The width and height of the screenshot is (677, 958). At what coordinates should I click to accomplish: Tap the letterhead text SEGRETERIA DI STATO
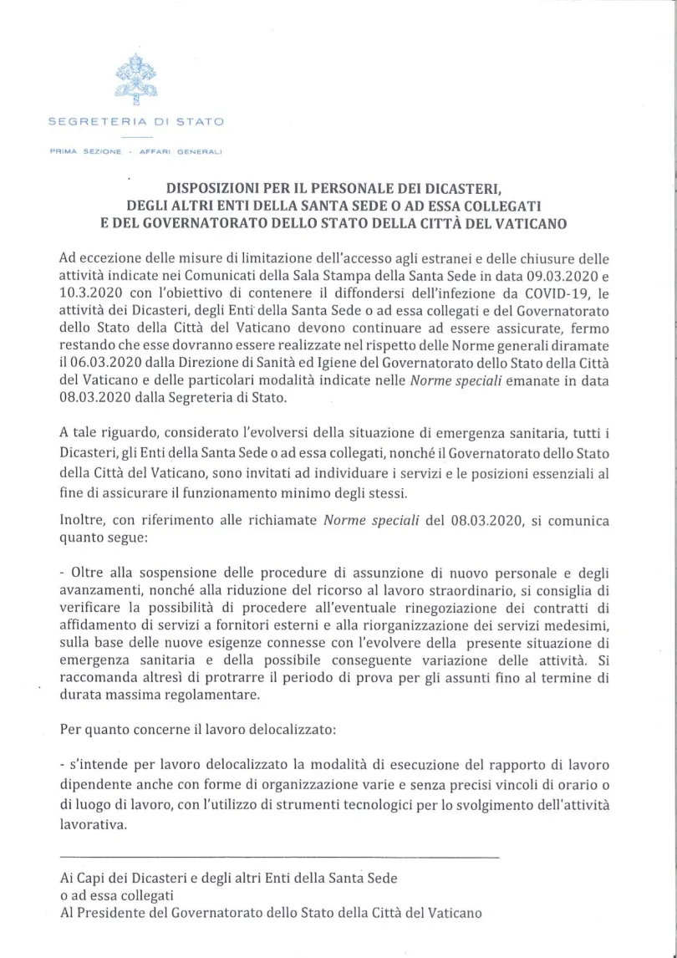136,121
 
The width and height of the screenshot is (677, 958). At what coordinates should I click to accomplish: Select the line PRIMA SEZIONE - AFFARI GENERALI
136,152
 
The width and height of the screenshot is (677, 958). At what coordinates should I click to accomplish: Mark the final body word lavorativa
94,823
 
